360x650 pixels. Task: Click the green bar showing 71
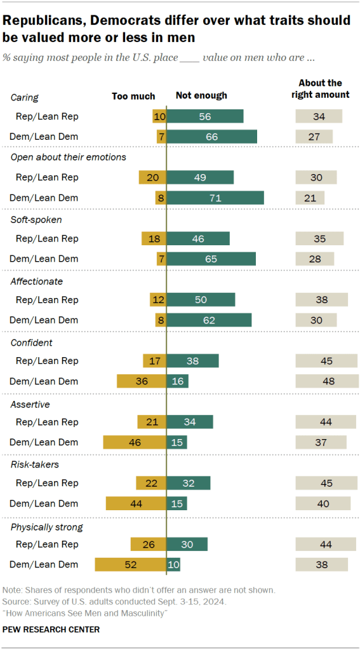coord(215,198)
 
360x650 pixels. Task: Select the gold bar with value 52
coord(130,564)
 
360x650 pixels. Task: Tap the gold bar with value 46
coord(135,442)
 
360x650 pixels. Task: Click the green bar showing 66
coord(211,137)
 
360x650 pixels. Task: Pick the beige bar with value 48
coord(327,381)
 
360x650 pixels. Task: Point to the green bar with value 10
coord(173,564)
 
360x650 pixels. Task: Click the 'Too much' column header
coord(133,96)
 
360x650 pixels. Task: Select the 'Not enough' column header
coord(201,96)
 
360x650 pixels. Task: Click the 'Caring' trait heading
coord(25,98)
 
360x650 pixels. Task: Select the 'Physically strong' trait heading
coord(47,527)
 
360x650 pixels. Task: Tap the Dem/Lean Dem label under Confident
coord(44,381)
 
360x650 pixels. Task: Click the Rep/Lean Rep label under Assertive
coord(46,422)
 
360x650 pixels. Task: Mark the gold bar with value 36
coord(141,381)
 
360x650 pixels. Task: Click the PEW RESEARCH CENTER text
coord(51,629)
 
